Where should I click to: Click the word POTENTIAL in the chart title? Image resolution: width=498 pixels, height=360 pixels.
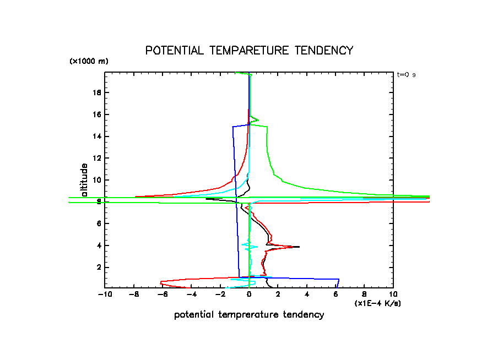click(x=172, y=51)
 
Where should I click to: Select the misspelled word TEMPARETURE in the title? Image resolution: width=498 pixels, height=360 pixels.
click(x=248, y=51)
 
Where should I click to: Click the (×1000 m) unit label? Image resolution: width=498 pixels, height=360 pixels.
click(x=89, y=61)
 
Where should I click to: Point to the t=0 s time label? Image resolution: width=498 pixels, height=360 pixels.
click(x=407, y=74)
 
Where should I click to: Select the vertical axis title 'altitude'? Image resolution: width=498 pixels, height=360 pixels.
click(x=84, y=180)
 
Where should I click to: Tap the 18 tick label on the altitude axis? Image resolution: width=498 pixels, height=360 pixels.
click(x=97, y=92)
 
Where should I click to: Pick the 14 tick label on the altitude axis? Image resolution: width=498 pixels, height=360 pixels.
click(x=97, y=136)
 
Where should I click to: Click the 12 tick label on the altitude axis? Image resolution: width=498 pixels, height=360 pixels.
click(x=97, y=158)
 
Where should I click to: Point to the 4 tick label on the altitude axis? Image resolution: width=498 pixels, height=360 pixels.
click(x=99, y=245)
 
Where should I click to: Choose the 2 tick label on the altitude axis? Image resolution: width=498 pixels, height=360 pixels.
click(x=99, y=267)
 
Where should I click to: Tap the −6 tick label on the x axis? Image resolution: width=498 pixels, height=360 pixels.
click(x=163, y=295)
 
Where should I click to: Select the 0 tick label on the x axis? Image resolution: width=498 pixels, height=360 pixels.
click(x=250, y=295)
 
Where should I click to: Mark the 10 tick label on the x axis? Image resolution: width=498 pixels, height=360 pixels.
click(x=393, y=295)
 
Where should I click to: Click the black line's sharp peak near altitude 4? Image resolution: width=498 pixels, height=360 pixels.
click(x=299, y=247)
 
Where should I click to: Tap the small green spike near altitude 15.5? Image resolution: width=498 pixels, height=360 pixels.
click(x=258, y=119)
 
